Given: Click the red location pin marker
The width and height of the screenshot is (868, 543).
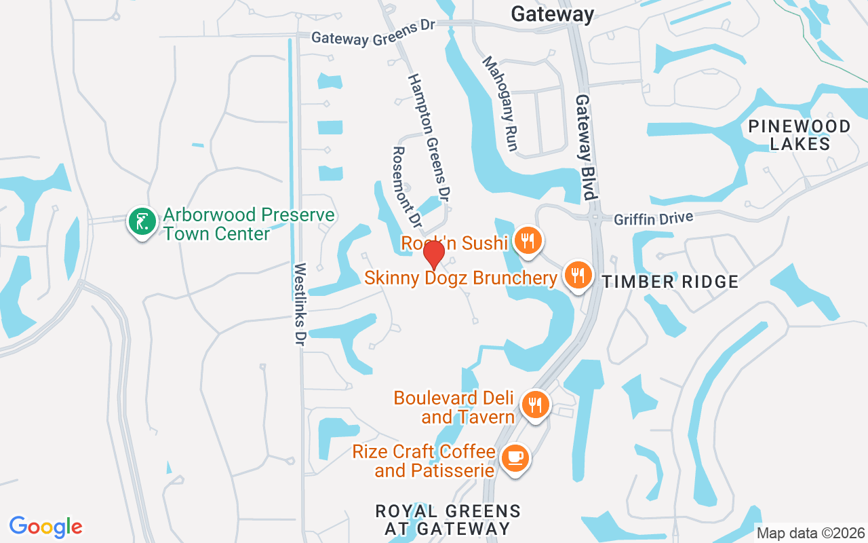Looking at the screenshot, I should [434, 254].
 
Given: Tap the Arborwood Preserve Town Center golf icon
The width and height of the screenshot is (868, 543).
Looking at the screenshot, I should [141, 222].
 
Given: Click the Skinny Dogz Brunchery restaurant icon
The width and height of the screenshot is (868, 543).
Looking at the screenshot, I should [576, 275].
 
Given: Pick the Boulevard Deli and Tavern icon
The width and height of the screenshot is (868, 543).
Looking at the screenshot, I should [536, 405].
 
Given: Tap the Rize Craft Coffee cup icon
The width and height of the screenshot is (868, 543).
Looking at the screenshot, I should [515, 457].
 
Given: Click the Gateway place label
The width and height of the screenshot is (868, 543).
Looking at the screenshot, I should [552, 14].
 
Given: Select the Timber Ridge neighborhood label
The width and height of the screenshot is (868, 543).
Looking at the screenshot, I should [670, 282].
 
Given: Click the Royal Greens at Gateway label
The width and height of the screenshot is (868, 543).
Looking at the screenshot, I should [449, 519].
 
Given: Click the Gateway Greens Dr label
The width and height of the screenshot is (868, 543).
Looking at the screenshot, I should [372, 35].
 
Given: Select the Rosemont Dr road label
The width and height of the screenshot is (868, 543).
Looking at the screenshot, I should [408, 187].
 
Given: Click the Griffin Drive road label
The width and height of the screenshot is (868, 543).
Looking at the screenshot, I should [654, 219].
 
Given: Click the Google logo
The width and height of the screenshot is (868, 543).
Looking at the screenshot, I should [45, 527].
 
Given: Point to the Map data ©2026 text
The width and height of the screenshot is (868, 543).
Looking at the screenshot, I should [811, 533].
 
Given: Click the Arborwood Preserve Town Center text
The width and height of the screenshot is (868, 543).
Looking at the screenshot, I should [248, 225].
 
